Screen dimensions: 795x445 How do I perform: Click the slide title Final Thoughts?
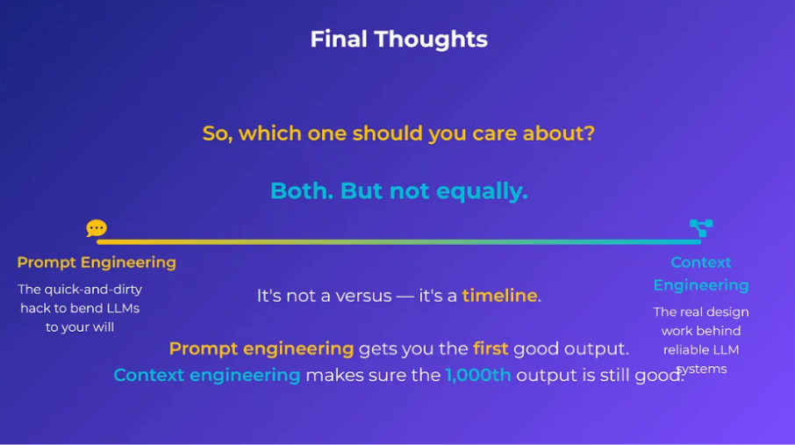pyautogui.click(x=399, y=39)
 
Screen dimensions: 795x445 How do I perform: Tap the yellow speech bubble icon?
pyautogui.click(x=97, y=228)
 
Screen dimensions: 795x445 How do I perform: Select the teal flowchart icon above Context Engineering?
pyautogui.click(x=701, y=228)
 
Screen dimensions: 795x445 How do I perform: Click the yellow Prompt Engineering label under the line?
pyautogui.click(x=97, y=262)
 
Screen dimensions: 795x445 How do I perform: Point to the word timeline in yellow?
pyautogui.click(x=499, y=295)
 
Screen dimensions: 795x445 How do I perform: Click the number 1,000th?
pyautogui.click(x=478, y=375)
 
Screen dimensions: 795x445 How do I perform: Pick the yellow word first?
pyautogui.click(x=491, y=348)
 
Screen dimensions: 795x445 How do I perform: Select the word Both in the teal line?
pyautogui.click(x=302, y=190)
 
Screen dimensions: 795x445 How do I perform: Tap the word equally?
pyautogui.click(x=482, y=192)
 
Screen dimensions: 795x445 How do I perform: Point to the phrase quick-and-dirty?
pyautogui.click(x=93, y=290)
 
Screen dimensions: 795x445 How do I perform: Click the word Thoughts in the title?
pyautogui.click(x=431, y=39)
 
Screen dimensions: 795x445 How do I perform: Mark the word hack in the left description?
pyautogui.click(x=34, y=308)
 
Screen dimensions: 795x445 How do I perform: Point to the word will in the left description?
pyautogui.click(x=103, y=327)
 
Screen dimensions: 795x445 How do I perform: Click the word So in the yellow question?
pyautogui.click(x=217, y=134)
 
